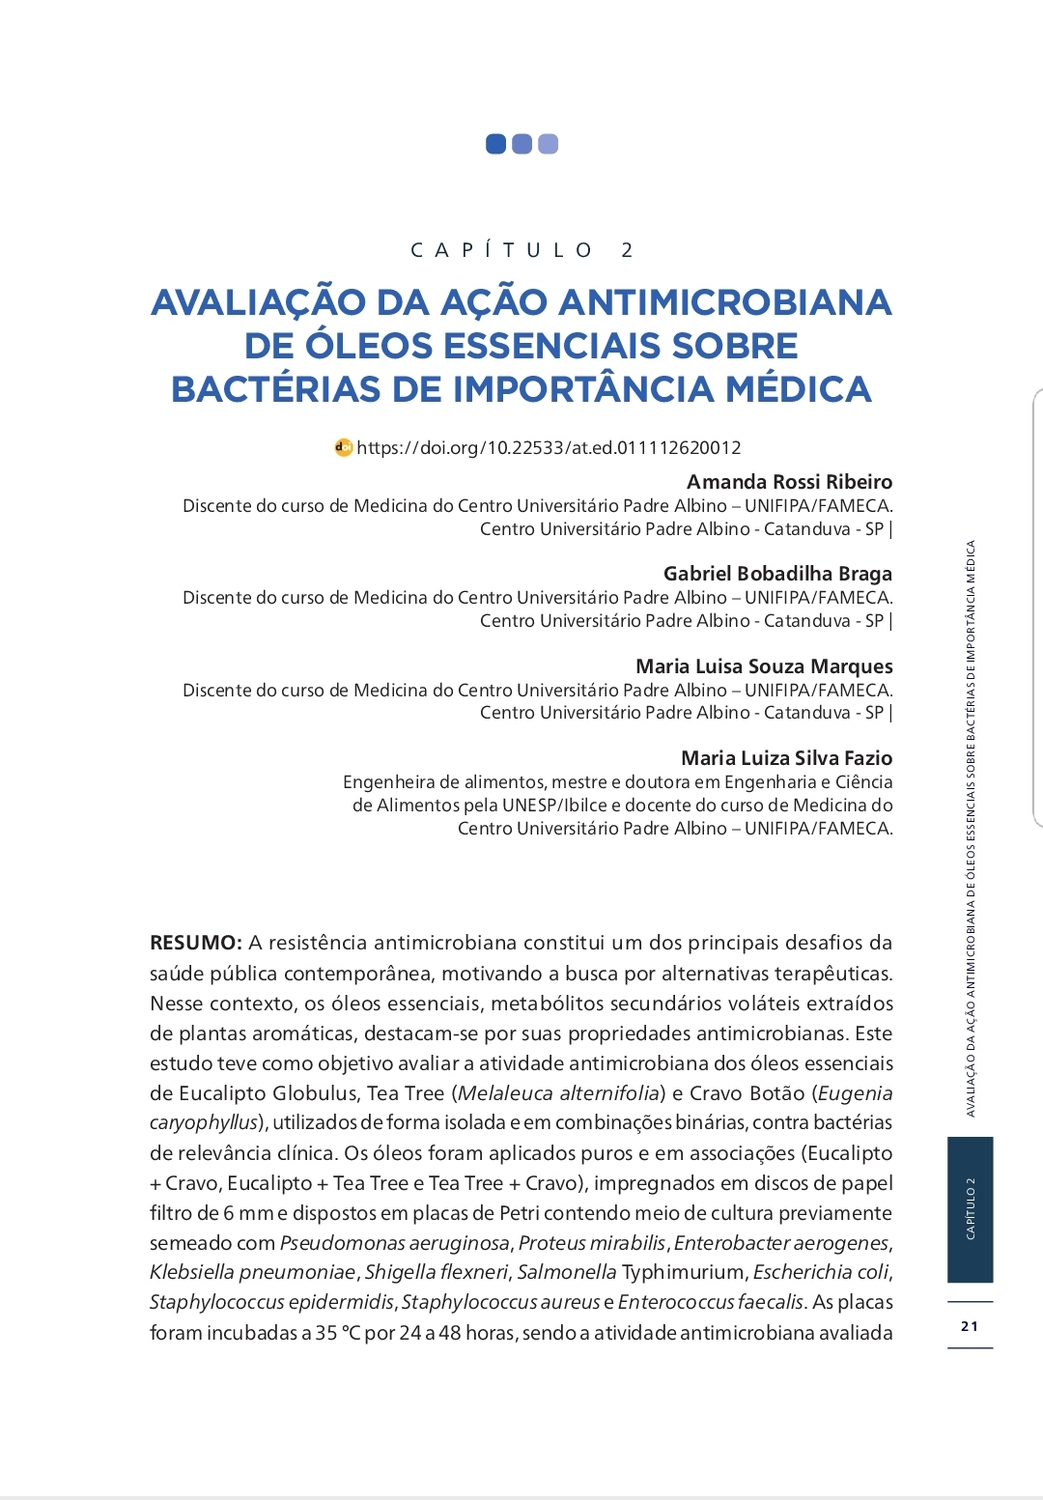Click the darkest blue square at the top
click(495, 144)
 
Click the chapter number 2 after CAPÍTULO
click(627, 250)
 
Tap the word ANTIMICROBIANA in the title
click(724, 302)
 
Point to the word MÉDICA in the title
click(799, 389)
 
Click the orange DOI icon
click(344, 447)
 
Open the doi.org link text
click(549, 448)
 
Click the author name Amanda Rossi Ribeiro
click(789, 482)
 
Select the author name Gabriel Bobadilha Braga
click(777, 574)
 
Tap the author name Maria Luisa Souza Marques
click(764, 666)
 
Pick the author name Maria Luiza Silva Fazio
click(786, 758)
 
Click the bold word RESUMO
click(195, 943)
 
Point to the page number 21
click(970, 1326)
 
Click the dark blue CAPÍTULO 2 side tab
click(970, 1209)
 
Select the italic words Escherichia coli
click(820, 1272)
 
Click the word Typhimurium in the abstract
click(683, 1272)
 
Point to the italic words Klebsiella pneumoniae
click(253, 1272)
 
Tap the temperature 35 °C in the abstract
click(337, 1333)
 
